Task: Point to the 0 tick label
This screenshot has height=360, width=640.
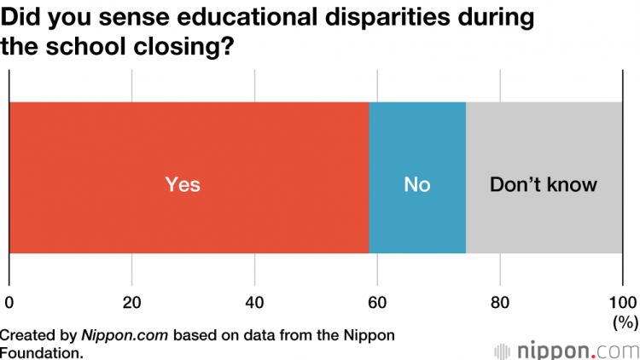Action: tap(9, 302)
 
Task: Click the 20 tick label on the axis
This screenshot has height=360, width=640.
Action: tap(131, 302)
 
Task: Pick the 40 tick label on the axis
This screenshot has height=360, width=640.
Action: tap(254, 302)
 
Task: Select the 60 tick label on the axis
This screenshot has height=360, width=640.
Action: tap(377, 302)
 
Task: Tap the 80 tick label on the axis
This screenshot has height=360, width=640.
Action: tap(500, 302)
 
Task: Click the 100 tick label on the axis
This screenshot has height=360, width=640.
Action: tap(622, 302)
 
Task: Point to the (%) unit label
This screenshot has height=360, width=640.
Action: tap(625, 323)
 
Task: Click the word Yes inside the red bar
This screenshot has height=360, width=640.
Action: tap(183, 184)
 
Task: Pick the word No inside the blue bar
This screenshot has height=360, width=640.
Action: tap(417, 184)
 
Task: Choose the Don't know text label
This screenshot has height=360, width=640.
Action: tap(544, 184)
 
